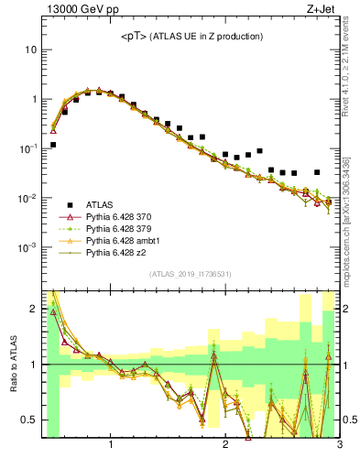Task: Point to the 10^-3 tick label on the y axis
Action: pos(27,247)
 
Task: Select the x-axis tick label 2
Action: pos(225,446)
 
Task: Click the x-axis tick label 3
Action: pos(338,446)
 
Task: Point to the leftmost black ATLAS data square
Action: pos(53,145)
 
